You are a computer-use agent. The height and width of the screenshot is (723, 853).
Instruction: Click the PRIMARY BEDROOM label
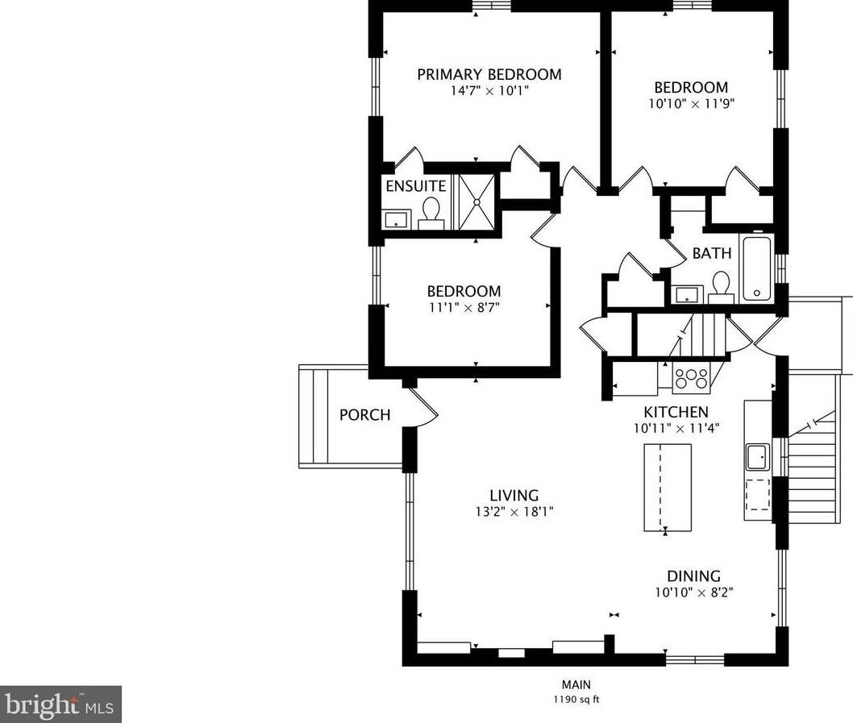coord(489,74)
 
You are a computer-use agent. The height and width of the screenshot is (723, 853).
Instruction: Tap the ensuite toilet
coord(431,214)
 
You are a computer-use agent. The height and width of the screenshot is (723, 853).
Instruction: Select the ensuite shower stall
coord(476,202)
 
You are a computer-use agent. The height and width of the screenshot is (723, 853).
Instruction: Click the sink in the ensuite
coord(396,220)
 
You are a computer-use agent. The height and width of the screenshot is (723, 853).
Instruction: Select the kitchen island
coord(668,488)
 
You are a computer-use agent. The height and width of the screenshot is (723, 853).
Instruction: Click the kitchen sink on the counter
coord(757,456)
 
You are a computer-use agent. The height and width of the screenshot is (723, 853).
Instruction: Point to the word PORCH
coord(365,415)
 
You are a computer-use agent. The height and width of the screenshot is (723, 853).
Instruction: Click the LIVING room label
coord(514,496)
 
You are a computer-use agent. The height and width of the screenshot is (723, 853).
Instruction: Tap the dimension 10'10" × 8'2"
coord(693,592)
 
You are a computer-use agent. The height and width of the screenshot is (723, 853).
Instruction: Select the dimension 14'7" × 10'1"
coord(489,91)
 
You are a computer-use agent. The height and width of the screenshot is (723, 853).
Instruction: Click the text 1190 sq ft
coord(576,700)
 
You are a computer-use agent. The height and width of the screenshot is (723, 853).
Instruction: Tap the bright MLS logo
coord(60,704)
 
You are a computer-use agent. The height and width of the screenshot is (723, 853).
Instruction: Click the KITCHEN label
coord(676,412)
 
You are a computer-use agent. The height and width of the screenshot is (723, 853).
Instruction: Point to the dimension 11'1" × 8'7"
coord(464,308)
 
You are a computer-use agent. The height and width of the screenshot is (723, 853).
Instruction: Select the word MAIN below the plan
coord(576,685)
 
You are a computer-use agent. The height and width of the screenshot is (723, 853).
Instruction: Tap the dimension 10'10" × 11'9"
coord(692,104)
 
